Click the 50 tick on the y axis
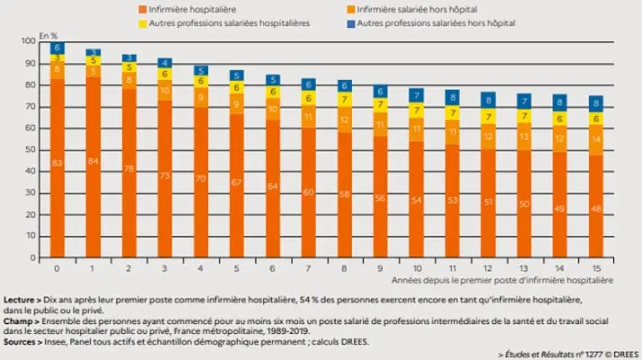(x=34, y=150)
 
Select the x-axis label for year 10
(x=415, y=268)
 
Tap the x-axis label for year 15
(x=595, y=268)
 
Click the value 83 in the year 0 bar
(x=56, y=162)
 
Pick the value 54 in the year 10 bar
(x=415, y=200)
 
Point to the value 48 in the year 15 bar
(x=595, y=208)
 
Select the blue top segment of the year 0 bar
(x=56, y=48)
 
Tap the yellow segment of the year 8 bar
(x=343, y=99)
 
